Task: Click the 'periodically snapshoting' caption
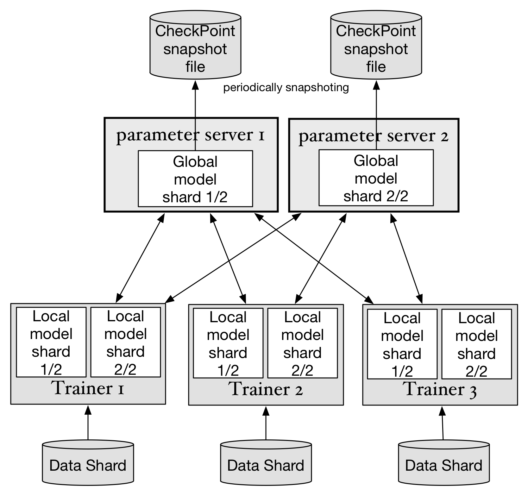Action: coord(286,88)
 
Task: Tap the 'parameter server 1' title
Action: coord(190,135)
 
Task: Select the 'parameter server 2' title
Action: coord(374,136)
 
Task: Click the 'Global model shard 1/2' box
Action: coord(195,179)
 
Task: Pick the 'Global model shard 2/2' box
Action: coord(376,178)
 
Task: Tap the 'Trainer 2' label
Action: coord(266,389)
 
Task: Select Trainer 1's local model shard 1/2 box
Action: coord(51,342)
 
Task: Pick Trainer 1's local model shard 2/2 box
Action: coord(126,342)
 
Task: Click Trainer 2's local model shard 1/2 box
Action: coord(228,343)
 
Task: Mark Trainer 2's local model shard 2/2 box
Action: coord(303,343)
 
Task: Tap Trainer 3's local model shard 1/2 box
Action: coord(402,344)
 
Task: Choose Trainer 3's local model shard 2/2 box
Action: coord(477,344)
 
